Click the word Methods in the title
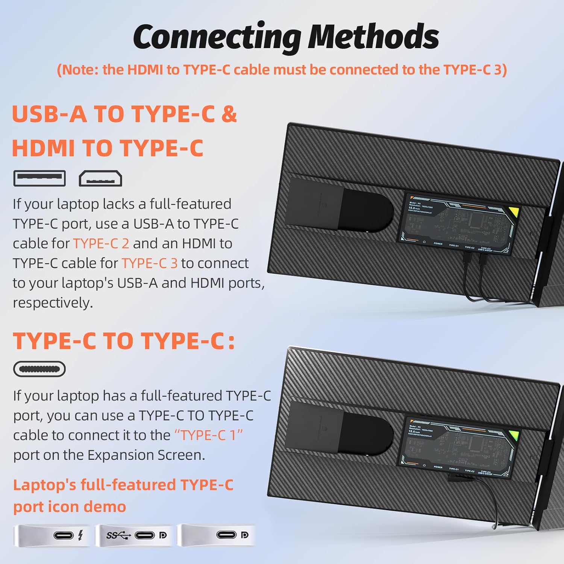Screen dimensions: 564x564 pos(373,37)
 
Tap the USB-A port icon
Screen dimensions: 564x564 pos(39,178)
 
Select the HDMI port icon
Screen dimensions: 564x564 pos(100,179)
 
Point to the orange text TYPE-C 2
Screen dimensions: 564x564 pos(101,244)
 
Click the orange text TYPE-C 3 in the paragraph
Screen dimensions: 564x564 pos(149,263)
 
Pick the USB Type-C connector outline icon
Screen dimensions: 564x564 pos(39,369)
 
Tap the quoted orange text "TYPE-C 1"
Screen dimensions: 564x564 pos(208,435)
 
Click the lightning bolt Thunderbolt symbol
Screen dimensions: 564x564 pos(80,535)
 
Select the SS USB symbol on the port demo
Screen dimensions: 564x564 pos(118,535)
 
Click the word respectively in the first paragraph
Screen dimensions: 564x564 pos(53,303)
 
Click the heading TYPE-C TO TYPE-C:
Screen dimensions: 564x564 pos(124,341)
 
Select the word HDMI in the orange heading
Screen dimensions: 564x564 pos(43,148)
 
